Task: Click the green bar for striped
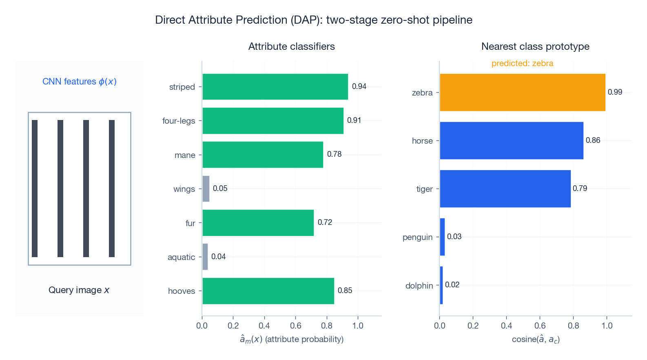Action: [x=275, y=87]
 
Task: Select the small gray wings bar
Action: [x=206, y=189]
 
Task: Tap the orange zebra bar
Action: [x=522, y=92]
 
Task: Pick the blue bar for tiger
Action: [x=505, y=189]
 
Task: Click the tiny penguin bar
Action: [x=442, y=237]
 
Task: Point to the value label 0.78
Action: [x=334, y=154]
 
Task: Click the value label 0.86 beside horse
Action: [x=593, y=140]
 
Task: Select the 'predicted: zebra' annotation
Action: [x=522, y=63]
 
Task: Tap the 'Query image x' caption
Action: [x=79, y=290]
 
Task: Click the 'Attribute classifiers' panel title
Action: [x=291, y=47]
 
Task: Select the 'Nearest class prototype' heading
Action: [x=535, y=47]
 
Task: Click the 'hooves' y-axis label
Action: [x=182, y=291]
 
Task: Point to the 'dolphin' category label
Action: [x=419, y=286]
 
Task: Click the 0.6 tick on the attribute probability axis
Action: [x=295, y=326]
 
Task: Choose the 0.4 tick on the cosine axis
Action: [x=506, y=326]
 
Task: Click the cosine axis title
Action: [x=535, y=340]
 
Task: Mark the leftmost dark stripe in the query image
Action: [x=35, y=189]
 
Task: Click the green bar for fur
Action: [x=258, y=223]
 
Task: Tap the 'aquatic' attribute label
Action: [x=181, y=257]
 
